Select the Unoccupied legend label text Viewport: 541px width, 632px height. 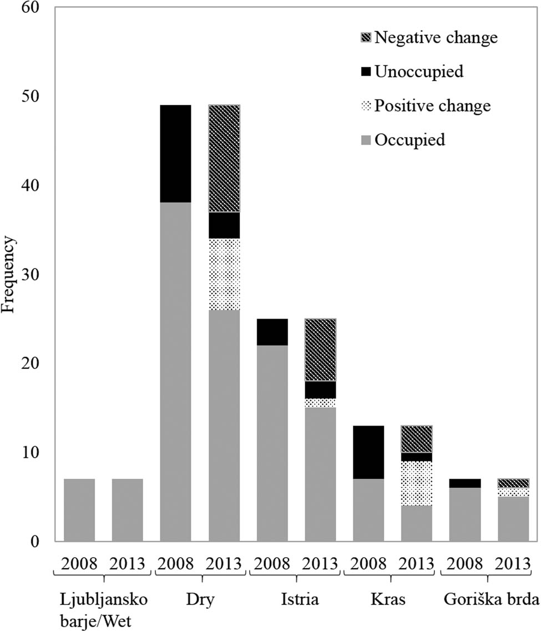coord(419,72)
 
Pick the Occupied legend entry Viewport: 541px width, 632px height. coord(409,140)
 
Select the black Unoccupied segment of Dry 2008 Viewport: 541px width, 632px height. coord(175,154)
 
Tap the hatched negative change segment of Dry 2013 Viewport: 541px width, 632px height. coord(224,158)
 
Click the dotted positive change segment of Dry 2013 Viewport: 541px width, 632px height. coord(224,274)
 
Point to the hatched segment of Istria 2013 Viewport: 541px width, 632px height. coord(320,350)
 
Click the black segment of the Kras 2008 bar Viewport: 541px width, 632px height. coord(368,452)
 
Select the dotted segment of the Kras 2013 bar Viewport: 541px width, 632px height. coord(417,483)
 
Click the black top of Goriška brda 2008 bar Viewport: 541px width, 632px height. coord(464,483)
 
